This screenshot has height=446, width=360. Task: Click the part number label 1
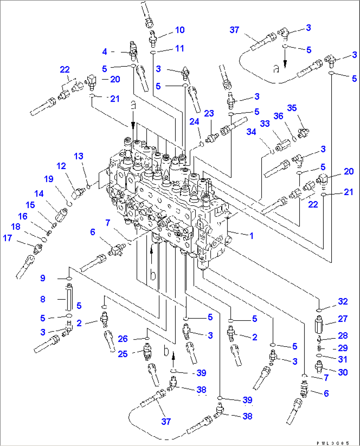(251, 236)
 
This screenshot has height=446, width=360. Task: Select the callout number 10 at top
(180, 30)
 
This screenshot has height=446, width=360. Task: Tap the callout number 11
(179, 49)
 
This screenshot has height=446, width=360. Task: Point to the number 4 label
(105, 51)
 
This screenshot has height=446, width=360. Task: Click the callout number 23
(209, 114)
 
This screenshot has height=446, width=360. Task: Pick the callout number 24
(194, 122)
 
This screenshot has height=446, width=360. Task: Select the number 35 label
(292, 108)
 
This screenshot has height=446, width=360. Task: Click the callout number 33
(265, 124)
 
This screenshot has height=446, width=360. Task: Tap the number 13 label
(79, 156)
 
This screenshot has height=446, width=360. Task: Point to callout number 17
(7, 238)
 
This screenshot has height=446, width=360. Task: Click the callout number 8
(43, 299)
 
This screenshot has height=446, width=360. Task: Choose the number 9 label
(43, 278)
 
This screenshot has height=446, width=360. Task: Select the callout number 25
(123, 354)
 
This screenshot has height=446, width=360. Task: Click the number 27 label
(342, 319)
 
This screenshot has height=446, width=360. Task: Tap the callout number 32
(342, 301)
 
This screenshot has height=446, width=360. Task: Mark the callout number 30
(342, 372)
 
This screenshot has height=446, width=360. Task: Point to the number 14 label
(39, 194)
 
